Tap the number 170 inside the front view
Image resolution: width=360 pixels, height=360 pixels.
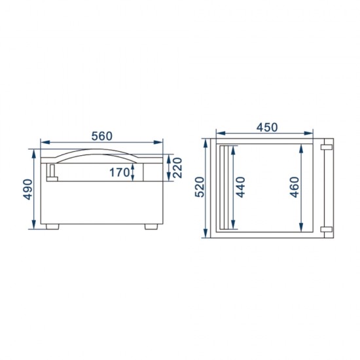point(119,172)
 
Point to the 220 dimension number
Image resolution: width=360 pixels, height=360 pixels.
point(177,168)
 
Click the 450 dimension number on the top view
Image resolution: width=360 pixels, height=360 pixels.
point(267,127)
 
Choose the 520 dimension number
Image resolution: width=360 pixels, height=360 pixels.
point(201,188)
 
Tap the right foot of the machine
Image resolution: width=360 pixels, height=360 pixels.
point(151,227)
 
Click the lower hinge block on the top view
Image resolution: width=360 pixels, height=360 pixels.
point(325,228)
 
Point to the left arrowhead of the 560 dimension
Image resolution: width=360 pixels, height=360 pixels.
point(43,142)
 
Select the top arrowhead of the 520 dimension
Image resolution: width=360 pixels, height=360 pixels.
point(209,141)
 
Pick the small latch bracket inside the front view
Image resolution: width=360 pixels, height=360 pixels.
point(52,172)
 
